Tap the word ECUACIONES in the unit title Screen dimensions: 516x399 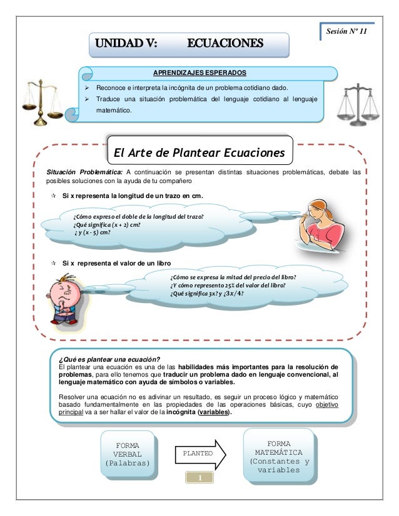226,44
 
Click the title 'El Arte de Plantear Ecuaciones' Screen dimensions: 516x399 198,153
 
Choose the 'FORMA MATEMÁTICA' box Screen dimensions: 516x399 279,455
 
